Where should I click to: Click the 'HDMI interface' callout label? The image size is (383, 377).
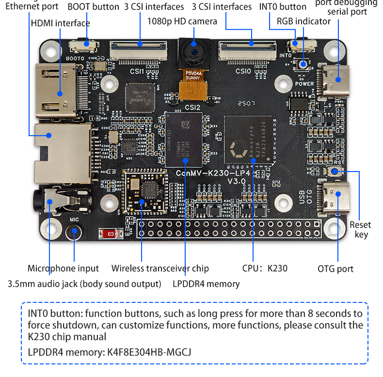pyautogui.click(x=60, y=23)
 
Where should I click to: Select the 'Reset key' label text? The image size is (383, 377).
pyautogui.click(x=360, y=230)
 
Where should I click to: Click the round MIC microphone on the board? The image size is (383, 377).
pyautogui.click(x=74, y=232)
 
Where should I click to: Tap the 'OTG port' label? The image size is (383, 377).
pyautogui.click(x=335, y=269)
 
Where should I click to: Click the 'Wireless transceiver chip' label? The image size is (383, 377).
pyautogui.click(x=160, y=268)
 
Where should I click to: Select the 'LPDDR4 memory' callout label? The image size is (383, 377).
pyautogui.click(x=206, y=284)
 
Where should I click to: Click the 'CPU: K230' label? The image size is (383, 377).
pyautogui.click(x=265, y=268)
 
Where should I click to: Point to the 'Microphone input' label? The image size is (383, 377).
pyautogui.click(x=63, y=268)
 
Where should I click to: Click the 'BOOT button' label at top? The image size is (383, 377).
pyautogui.click(x=93, y=7)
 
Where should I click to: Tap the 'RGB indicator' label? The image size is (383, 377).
pyautogui.click(x=303, y=21)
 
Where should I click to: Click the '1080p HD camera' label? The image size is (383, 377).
pyautogui.click(x=182, y=21)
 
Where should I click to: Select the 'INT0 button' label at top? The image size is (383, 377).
pyautogui.click(x=283, y=7)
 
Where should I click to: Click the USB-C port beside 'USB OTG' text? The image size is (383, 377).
pyautogui.click(x=335, y=197)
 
